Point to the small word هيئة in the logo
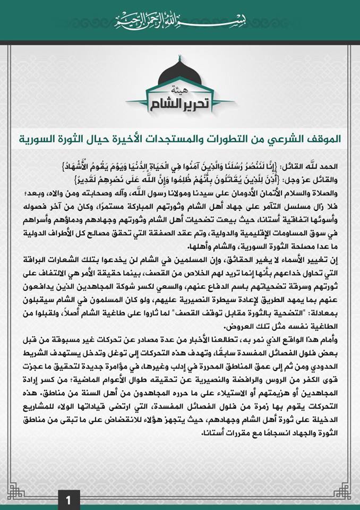181,88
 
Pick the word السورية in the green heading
46,139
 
